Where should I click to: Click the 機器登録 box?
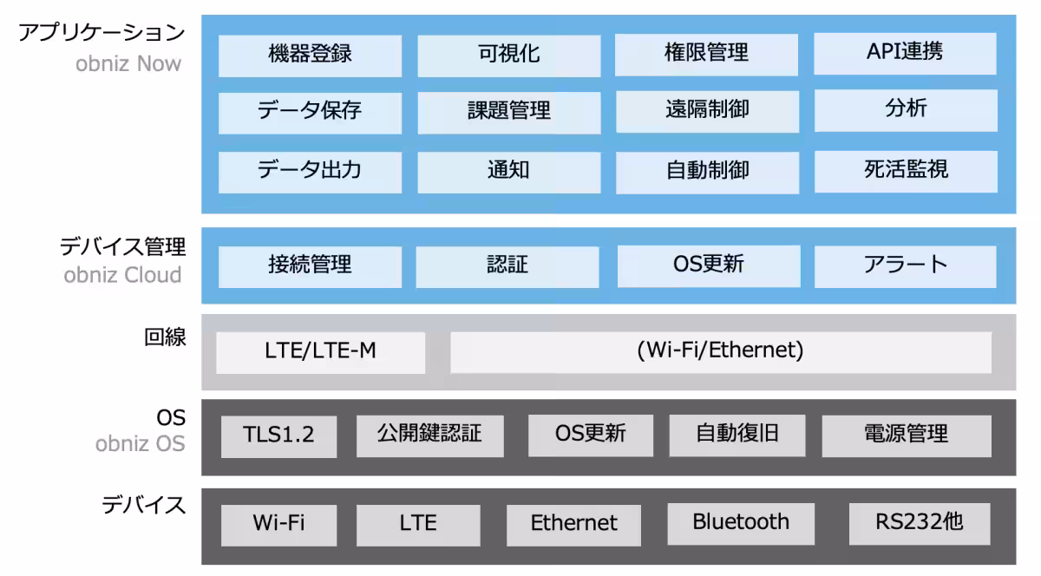click(x=310, y=56)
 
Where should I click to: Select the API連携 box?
click(x=905, y=54)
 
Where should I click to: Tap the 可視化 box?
click(x=508, y=56)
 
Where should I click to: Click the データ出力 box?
click(x=310, y=171)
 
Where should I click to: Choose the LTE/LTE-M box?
click(x=320, y=352)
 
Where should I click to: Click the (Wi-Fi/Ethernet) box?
click(x=720, y=351)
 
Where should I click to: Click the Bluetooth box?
click(x=740, y=523)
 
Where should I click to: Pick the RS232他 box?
click(x=919, y=523)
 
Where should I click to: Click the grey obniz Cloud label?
click(x=122, y=276)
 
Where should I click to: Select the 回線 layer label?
click(x=165, y=337)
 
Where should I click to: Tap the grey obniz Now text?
click(x=128, y=62)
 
